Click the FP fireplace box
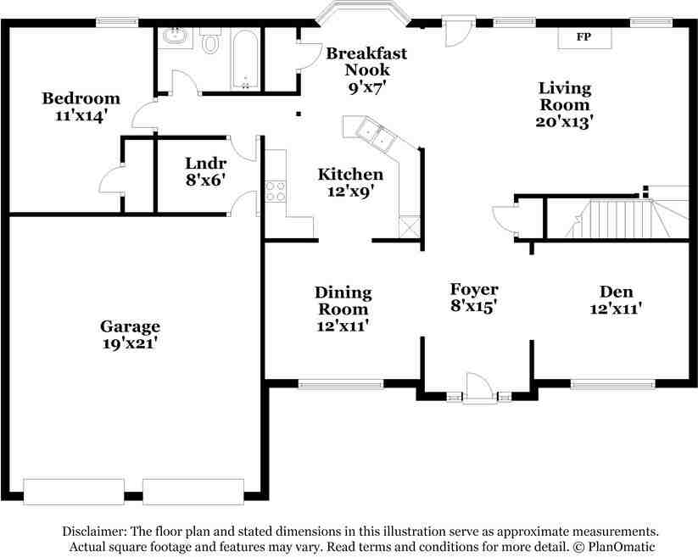(x=583, y=37)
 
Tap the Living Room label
(x=565, y=97)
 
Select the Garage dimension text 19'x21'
(x=130, y=344)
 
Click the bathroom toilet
(x=210, y=42)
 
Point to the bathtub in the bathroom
(x=246, y=59)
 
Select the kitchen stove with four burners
(x=276, y=191)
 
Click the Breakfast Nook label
(x=366, y=62)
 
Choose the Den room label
(x=616, y=292)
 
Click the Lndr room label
(x=204, y=164)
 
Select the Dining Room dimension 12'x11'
(x=343, y=325)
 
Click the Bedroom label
(x=81, y=98)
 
